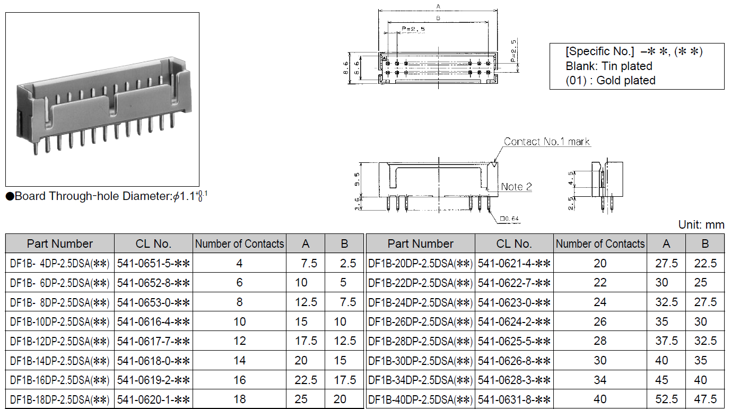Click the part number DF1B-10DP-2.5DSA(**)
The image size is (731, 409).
click(x=60, y=321)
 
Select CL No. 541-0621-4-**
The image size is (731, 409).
click(x=514, y=263)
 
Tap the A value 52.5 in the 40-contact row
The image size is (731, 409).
click(x=666, y=399)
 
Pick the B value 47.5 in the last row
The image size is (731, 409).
click(x=705, y=399)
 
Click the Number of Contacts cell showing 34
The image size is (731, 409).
click(x=600, y=380)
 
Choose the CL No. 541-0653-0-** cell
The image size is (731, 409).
click(x=153, y=302)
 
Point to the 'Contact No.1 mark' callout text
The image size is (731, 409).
click(x=546, y=142)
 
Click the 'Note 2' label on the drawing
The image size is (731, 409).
click(x=516, y=187)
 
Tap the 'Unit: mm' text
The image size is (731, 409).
click(x=701, y=224)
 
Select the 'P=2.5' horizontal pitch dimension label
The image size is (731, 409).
click(x=413, y=29)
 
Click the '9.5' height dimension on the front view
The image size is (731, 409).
click(x=357, y=179)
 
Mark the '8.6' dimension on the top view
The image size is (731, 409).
click(x=345, y=68)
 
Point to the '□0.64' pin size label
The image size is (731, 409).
click(x=509, y=219)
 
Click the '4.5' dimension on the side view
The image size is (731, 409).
click(x=571, y=178)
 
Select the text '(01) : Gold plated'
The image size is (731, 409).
click(x=610, y=80)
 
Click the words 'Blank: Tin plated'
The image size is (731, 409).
click(x=609, y=66)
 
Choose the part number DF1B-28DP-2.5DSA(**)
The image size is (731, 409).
click(x=420, y=341)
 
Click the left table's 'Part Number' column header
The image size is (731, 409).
click(x=60, y=243)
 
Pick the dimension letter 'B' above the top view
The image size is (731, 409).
click(x=438, y=18)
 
